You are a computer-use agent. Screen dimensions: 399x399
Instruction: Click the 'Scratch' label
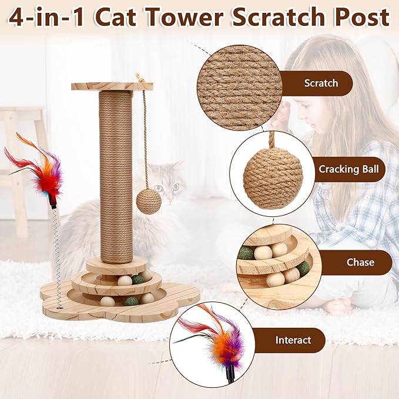click(321, 83)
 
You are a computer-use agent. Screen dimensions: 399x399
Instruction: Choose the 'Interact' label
click(293, 340)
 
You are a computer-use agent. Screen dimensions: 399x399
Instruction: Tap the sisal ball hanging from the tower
click(149, 201)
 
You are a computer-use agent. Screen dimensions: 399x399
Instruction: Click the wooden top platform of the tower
click(112, 86)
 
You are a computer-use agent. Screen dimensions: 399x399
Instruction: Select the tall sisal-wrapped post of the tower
click(116, 176)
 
